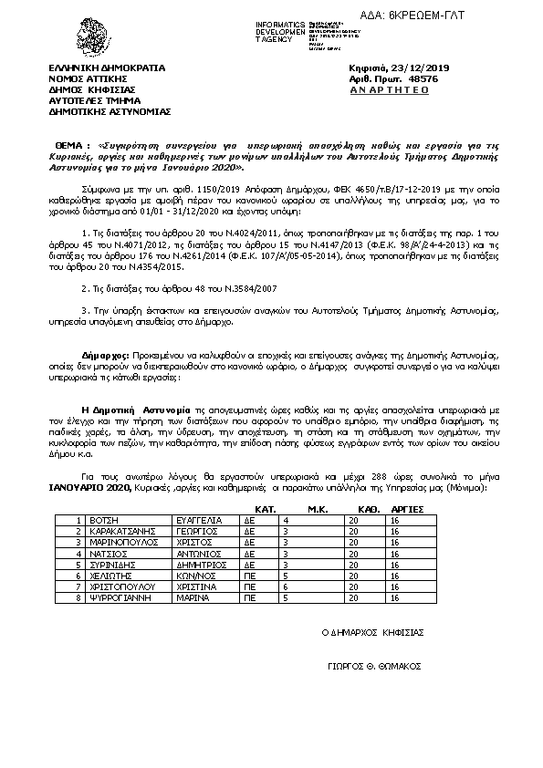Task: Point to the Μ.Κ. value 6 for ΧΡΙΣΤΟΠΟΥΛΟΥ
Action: tap(286, 587)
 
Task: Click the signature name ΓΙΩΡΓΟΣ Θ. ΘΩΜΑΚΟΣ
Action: tap(374, 666)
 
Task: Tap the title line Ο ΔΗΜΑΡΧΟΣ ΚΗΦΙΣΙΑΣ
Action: tap(372, 632)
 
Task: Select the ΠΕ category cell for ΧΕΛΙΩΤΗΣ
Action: tap(247, 576)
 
